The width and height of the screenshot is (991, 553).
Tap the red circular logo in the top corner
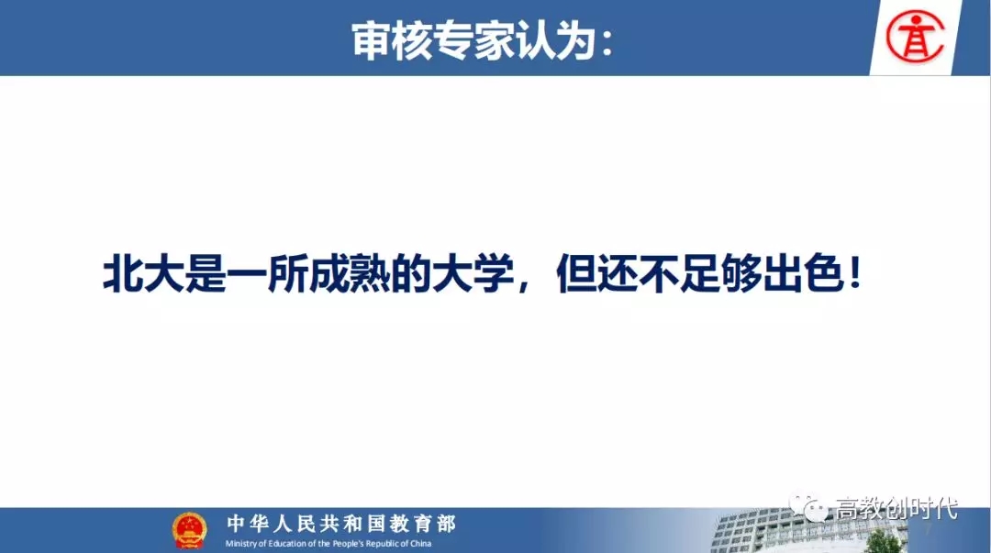[915, 38]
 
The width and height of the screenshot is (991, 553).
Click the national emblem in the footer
[189, 530]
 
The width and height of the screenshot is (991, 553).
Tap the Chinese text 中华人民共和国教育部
[341, 524]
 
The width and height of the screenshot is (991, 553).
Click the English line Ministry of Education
[328, 544]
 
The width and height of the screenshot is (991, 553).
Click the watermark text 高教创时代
[896, 507]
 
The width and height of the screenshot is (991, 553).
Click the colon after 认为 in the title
[607, 44]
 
